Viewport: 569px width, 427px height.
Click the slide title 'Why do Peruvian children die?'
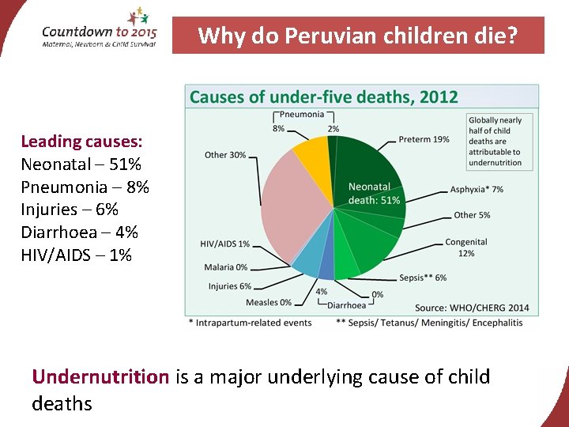click(358, 36)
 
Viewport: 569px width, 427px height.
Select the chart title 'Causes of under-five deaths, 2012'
click(324, 97)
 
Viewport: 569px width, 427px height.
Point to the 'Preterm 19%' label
click(424, 139)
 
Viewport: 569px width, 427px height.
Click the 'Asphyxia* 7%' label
click(477, 190)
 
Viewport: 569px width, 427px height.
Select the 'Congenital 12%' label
click(466, 248)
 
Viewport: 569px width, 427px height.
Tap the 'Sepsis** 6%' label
click(423, 278)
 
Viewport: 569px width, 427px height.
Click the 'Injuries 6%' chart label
click(229, 286)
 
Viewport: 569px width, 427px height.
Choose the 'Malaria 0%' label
click(225, 267)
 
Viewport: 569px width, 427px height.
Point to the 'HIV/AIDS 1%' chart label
click(224, 244)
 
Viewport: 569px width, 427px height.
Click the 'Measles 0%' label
click(268, 302)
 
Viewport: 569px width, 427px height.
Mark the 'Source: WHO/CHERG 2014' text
click(472, 308)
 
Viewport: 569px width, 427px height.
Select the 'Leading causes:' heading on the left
click(81, 142)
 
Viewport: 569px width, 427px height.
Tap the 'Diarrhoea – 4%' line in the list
click(79, 232)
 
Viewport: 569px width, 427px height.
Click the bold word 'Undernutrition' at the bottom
click(100, 376)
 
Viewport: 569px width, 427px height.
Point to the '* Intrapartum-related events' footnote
click(250, 323)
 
